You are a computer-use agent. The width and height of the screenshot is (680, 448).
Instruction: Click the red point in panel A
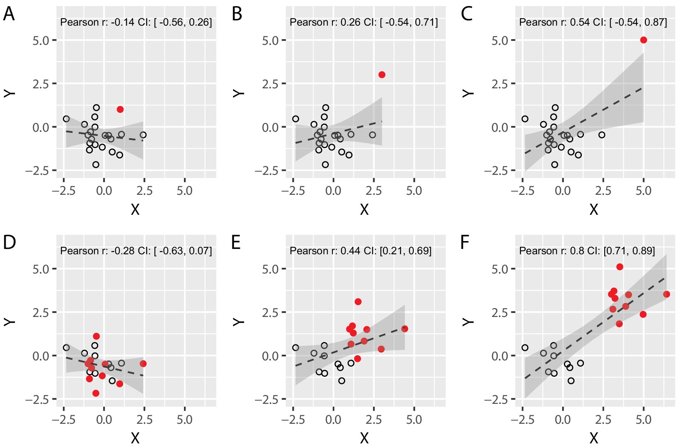(120, 109)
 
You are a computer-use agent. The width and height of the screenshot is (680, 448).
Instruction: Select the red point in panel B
(382, 74)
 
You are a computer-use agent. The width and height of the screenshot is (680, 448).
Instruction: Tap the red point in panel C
(643, 40)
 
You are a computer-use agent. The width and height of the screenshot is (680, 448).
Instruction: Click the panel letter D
(9, 243)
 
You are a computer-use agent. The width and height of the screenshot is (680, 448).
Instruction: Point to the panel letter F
(465, 243)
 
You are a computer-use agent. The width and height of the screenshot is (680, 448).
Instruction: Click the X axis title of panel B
(364, 210)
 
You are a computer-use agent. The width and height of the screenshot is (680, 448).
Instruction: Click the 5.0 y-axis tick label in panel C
(500, 41)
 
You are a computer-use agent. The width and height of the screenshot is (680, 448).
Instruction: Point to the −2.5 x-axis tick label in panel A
(64, 191)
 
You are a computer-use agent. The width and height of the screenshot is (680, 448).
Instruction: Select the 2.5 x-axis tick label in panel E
(374, 420)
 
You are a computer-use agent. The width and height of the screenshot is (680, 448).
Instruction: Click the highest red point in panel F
(620, 267)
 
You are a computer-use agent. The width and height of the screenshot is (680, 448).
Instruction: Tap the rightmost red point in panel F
(666, 294)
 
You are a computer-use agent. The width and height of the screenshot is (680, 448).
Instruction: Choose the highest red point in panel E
(358, 302)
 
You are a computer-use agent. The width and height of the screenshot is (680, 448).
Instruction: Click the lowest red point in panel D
(96, 393)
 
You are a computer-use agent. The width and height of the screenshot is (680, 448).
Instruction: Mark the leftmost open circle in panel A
(66, 119)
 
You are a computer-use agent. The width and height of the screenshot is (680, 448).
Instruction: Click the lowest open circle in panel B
(325, 165)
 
